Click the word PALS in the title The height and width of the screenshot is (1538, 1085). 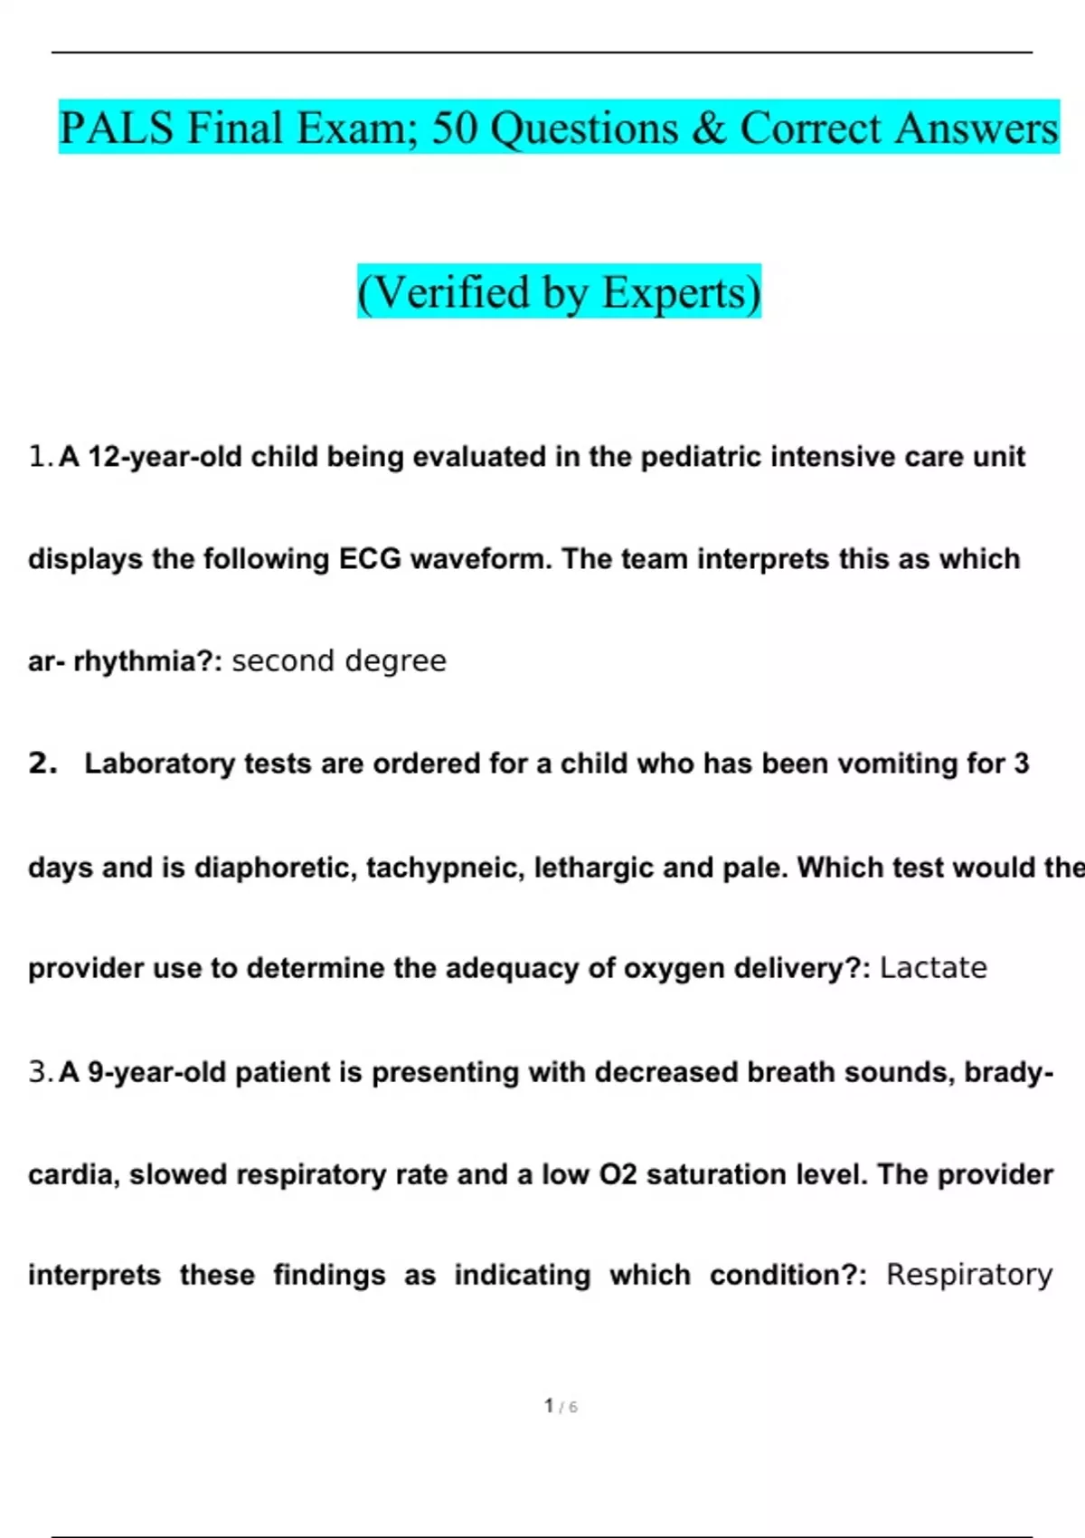coord(116,128)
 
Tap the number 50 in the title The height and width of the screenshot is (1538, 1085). coord(454,128)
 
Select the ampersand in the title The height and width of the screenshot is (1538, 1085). coord(708,128)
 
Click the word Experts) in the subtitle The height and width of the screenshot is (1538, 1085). coord(682,292)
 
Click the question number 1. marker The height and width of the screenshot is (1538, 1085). coord(41,457)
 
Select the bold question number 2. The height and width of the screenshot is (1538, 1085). coord(42,764)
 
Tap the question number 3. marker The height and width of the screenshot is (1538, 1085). coord(41,1072)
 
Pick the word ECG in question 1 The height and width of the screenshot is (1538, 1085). coord(370,559)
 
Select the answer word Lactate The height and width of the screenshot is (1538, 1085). coord(933,968)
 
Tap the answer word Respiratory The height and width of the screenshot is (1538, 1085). coord(969,1275)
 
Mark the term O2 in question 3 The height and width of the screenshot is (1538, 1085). coord(618,1174)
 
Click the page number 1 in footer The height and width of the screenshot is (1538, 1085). coord(549,1405)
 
